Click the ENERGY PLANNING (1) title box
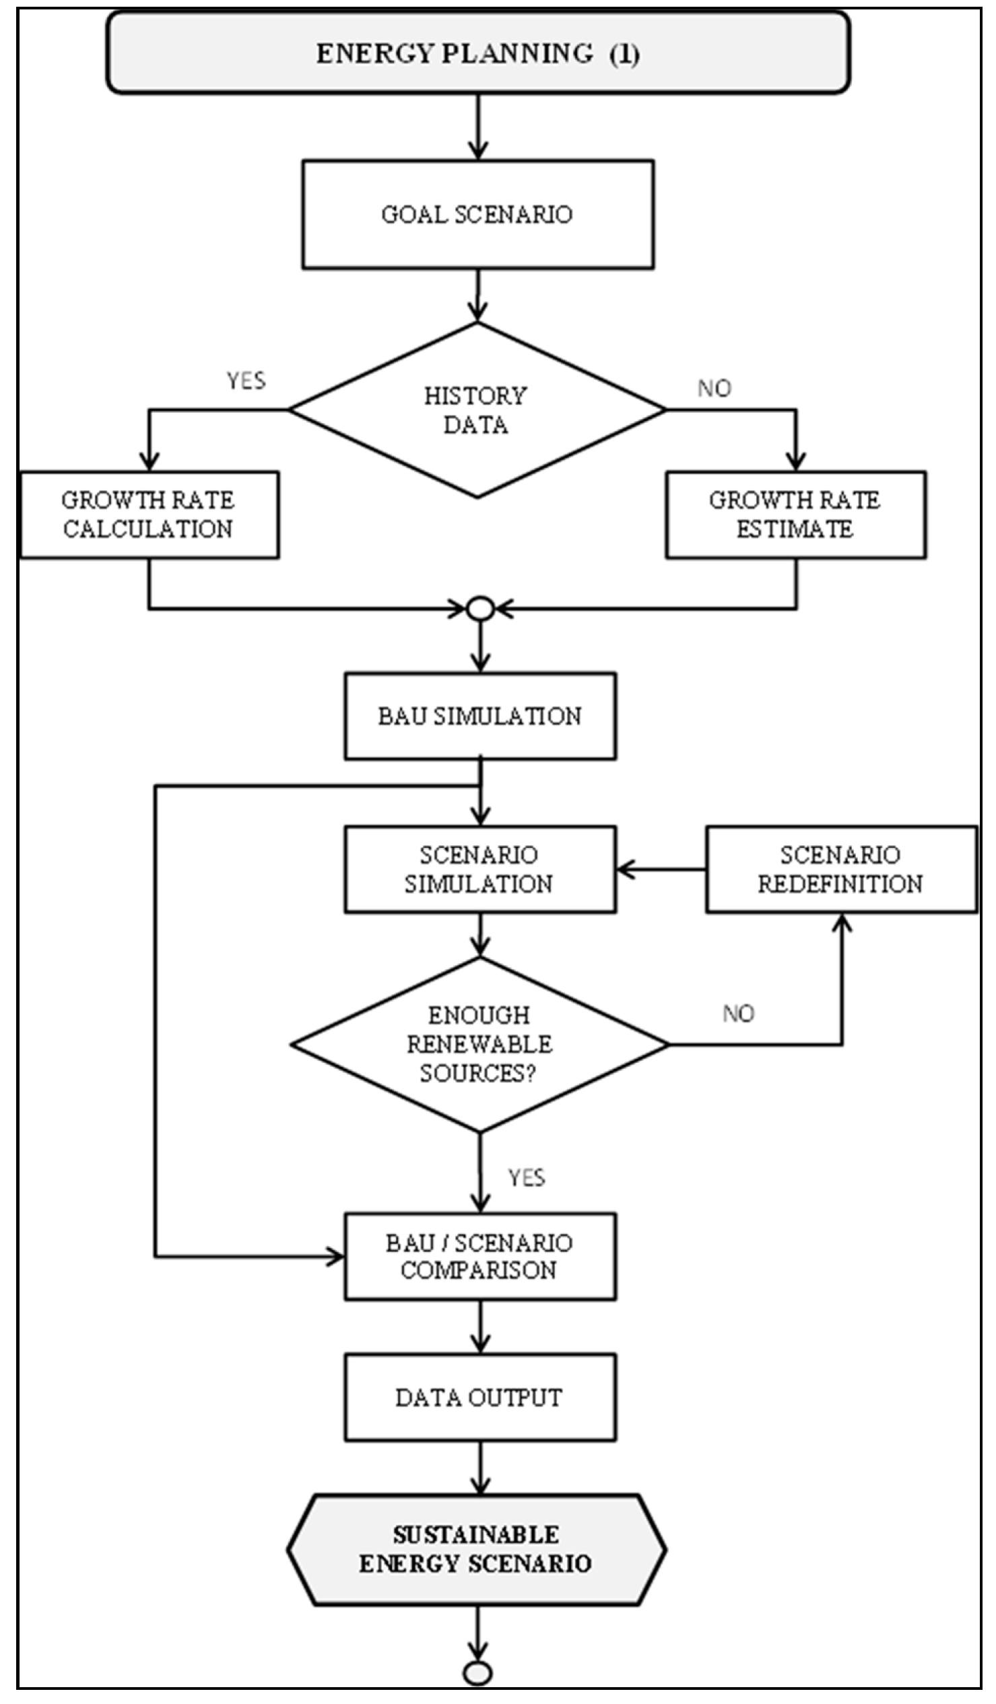click(x=477, y=53)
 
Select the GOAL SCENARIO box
click(x=477, y=214)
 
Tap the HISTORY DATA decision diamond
click(x=477, y=409)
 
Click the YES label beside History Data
click(x=245, y=381)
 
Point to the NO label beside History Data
click(x=714, y=388)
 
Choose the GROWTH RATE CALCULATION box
click(x=149, y=515)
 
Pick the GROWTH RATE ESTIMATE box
click(x=795, y=515)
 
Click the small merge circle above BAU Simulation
click(x=480, y=609)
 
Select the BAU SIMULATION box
click(x=479, y=715)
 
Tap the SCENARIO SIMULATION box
click(x=479, y=869)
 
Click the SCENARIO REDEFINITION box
click(x=840, y=869)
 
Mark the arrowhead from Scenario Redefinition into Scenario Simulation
click(x=624, y=870)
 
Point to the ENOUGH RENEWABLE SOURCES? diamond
click(x=479, y=1044)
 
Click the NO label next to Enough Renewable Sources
click(x=737, y=1013)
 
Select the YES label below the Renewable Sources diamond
click(x=526, y=1177)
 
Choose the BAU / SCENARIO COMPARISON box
click(x=479, y=1255)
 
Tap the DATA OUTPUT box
click(x=479, y=1397)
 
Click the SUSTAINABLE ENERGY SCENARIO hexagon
click(x=477, y=1549)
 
